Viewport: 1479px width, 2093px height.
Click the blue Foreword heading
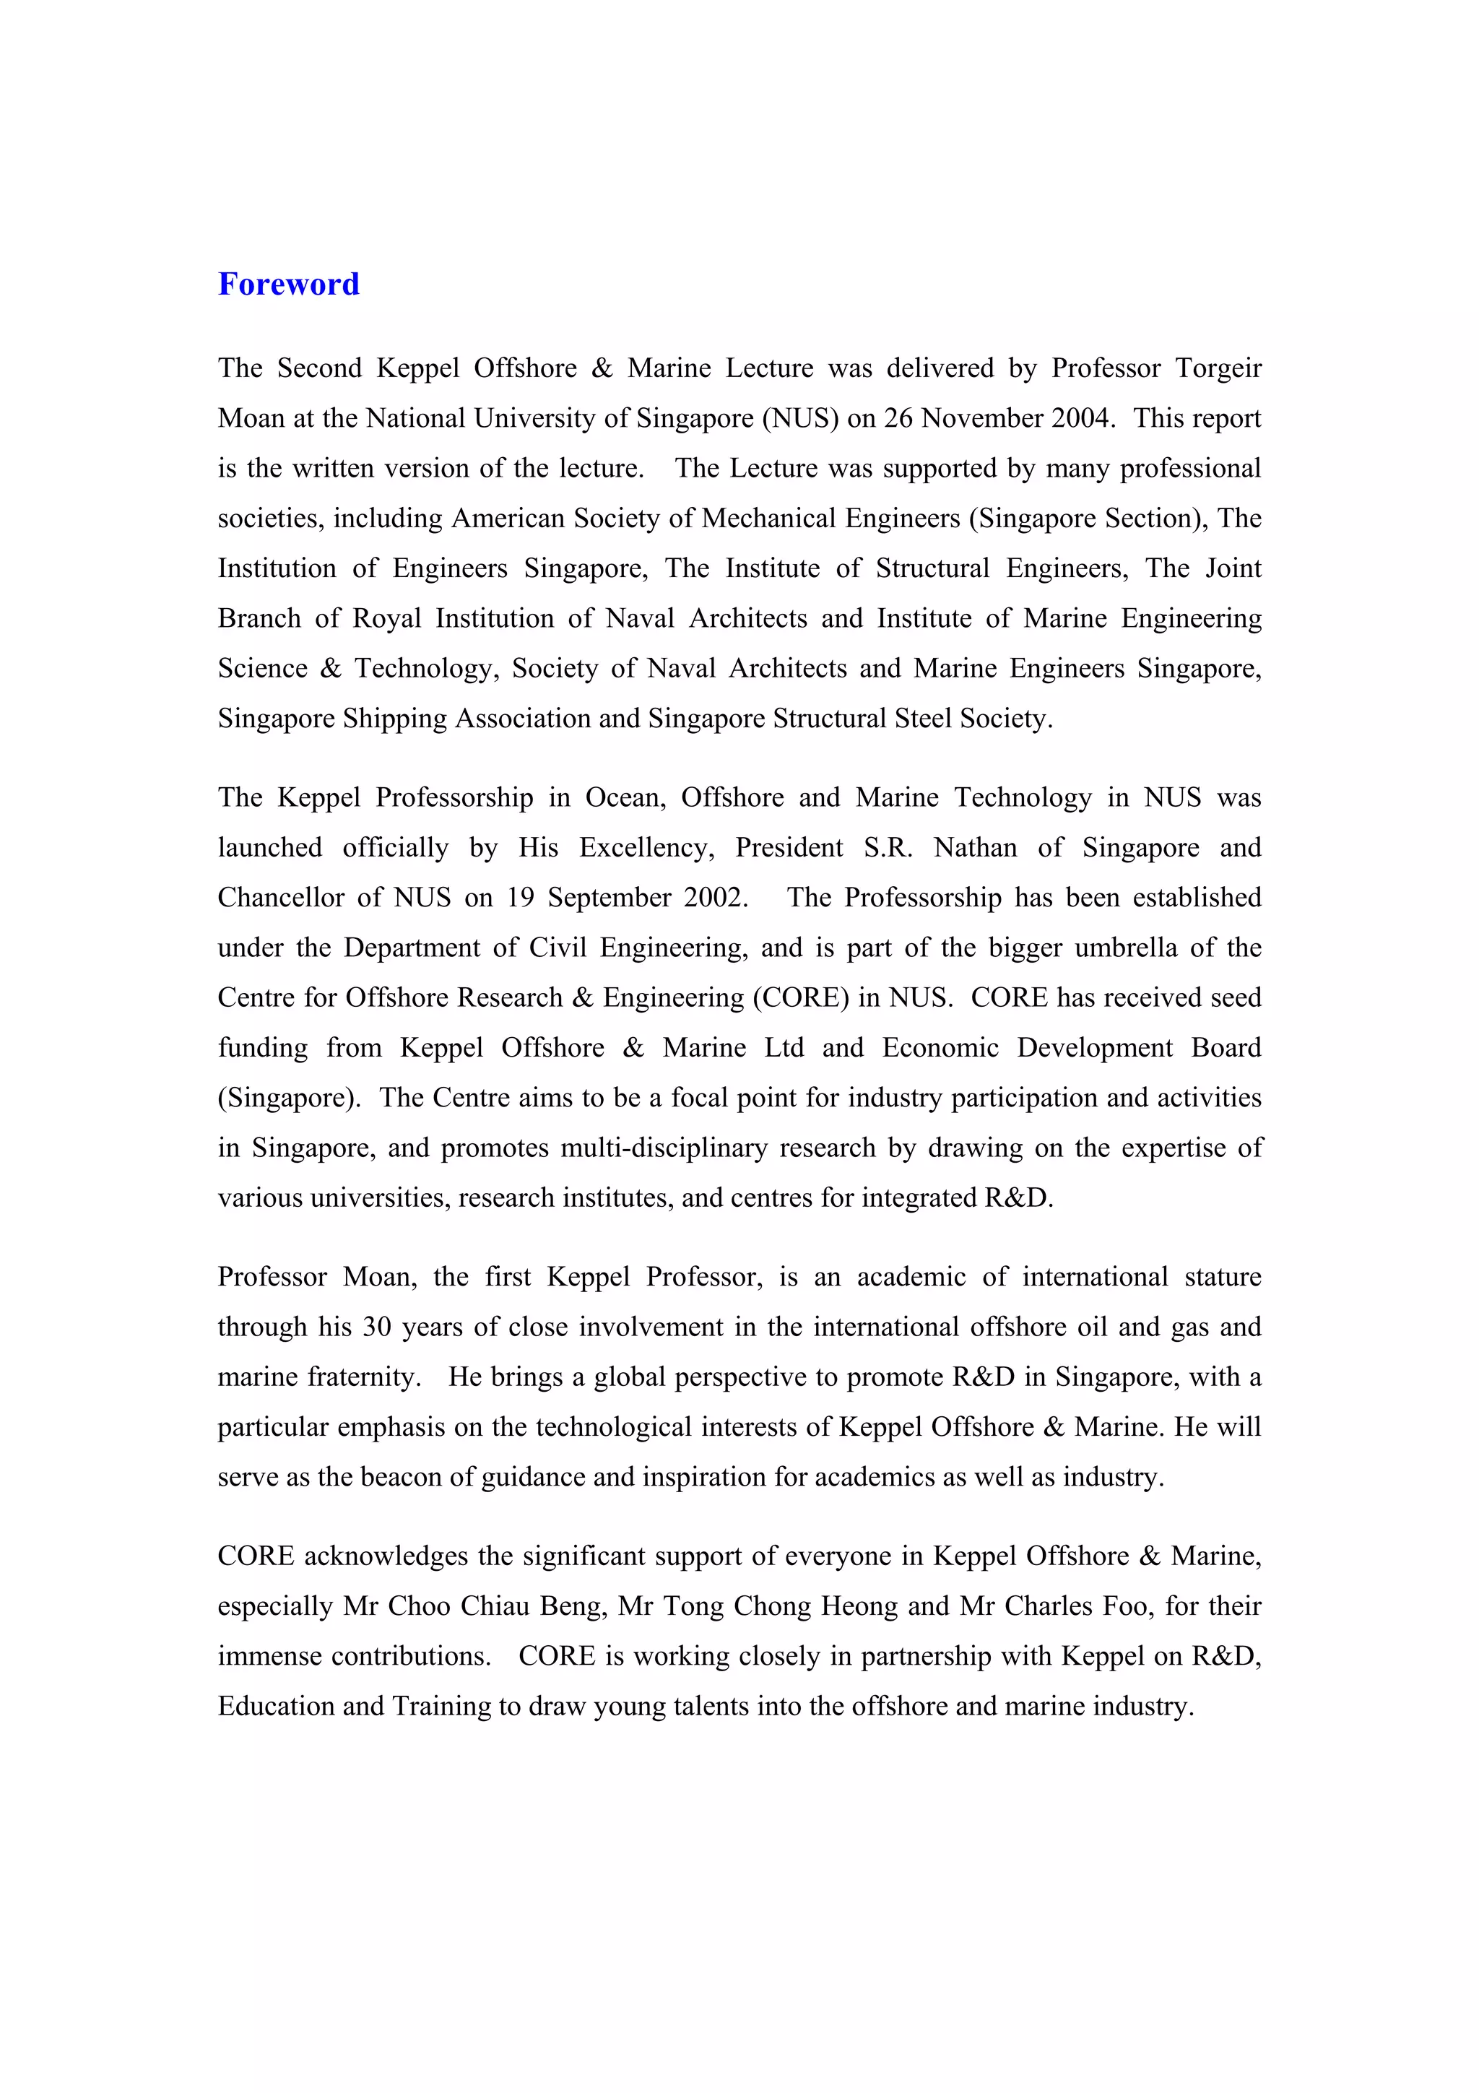pos(288,285)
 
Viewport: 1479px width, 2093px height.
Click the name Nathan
pos(974,848)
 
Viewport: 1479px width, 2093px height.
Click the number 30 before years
pos(376,1327)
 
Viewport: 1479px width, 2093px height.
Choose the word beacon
pos(401,1478)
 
